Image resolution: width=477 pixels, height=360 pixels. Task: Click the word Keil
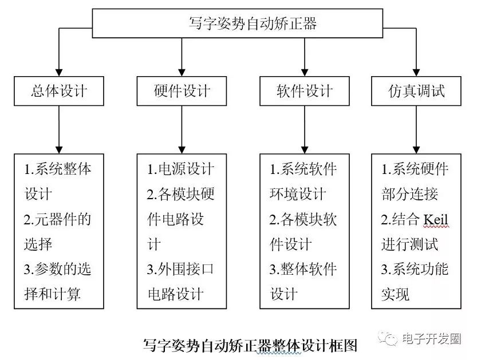pyautogui.click(x=436, y=219)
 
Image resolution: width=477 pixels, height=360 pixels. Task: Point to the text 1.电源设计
pyautogui.click(x=181, y=169)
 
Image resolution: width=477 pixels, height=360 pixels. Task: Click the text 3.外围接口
pyautogui.click(x=180, y=269)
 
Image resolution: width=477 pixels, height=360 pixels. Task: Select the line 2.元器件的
pyautogui.click(x=57, y=219)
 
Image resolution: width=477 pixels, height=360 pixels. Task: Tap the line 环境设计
pyautogui.click(x=298, y=194)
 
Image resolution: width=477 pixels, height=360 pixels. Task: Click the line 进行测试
pyautogui.click(x=409, y=244)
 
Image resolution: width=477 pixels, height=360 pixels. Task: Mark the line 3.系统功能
pyautogui.click(x=415, y=269)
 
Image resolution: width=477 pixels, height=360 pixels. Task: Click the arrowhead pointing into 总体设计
pyautogui.click(x=59, y=72)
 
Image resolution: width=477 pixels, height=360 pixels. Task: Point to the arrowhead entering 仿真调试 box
pyautogui.click(x=416, y=72)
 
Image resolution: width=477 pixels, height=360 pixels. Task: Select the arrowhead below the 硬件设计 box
pyautogui.click(x=182, y=150)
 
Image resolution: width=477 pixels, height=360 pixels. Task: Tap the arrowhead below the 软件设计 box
pyautogui.click(x=305, y=150)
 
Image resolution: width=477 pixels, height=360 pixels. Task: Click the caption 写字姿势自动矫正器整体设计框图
pyautogui.click(x=250, y=346)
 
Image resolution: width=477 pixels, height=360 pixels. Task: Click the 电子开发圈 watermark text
pyautogui.click(x=431, y=338)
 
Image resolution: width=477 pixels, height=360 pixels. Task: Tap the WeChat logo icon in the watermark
pyautogui.click(x=388, y=338)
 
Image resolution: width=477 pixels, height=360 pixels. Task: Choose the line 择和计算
pyautogui.click(x=52, y=294)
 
